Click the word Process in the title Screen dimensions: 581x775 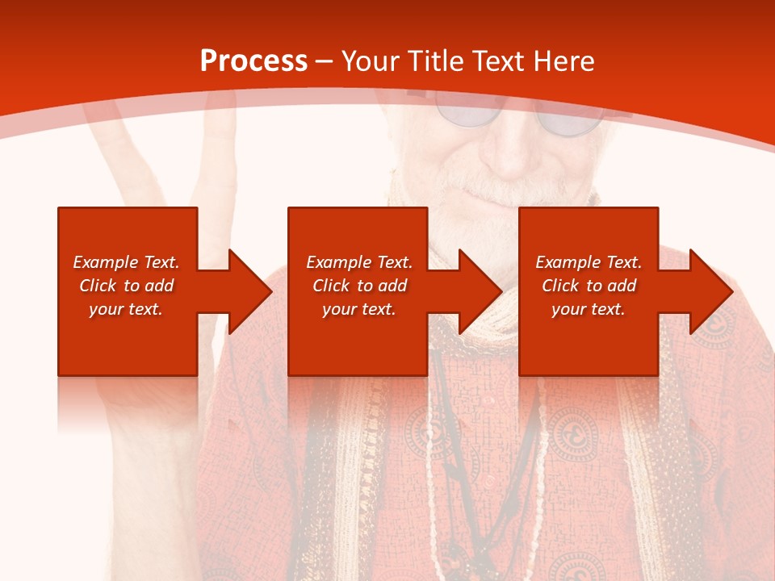(253, 61)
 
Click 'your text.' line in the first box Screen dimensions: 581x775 (126, 309)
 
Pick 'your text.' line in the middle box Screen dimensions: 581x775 (359, 309)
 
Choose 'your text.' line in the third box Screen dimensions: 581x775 (589, 309)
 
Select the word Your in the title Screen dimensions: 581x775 (371, 61)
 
